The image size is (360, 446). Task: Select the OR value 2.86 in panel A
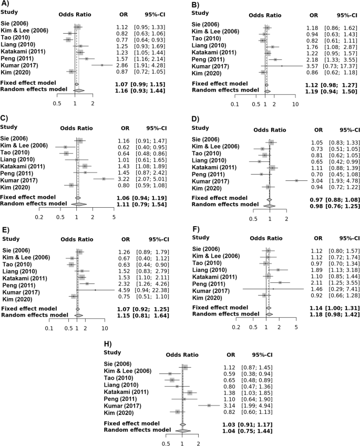point(121,64)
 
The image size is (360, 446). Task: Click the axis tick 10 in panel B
point(295,104)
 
